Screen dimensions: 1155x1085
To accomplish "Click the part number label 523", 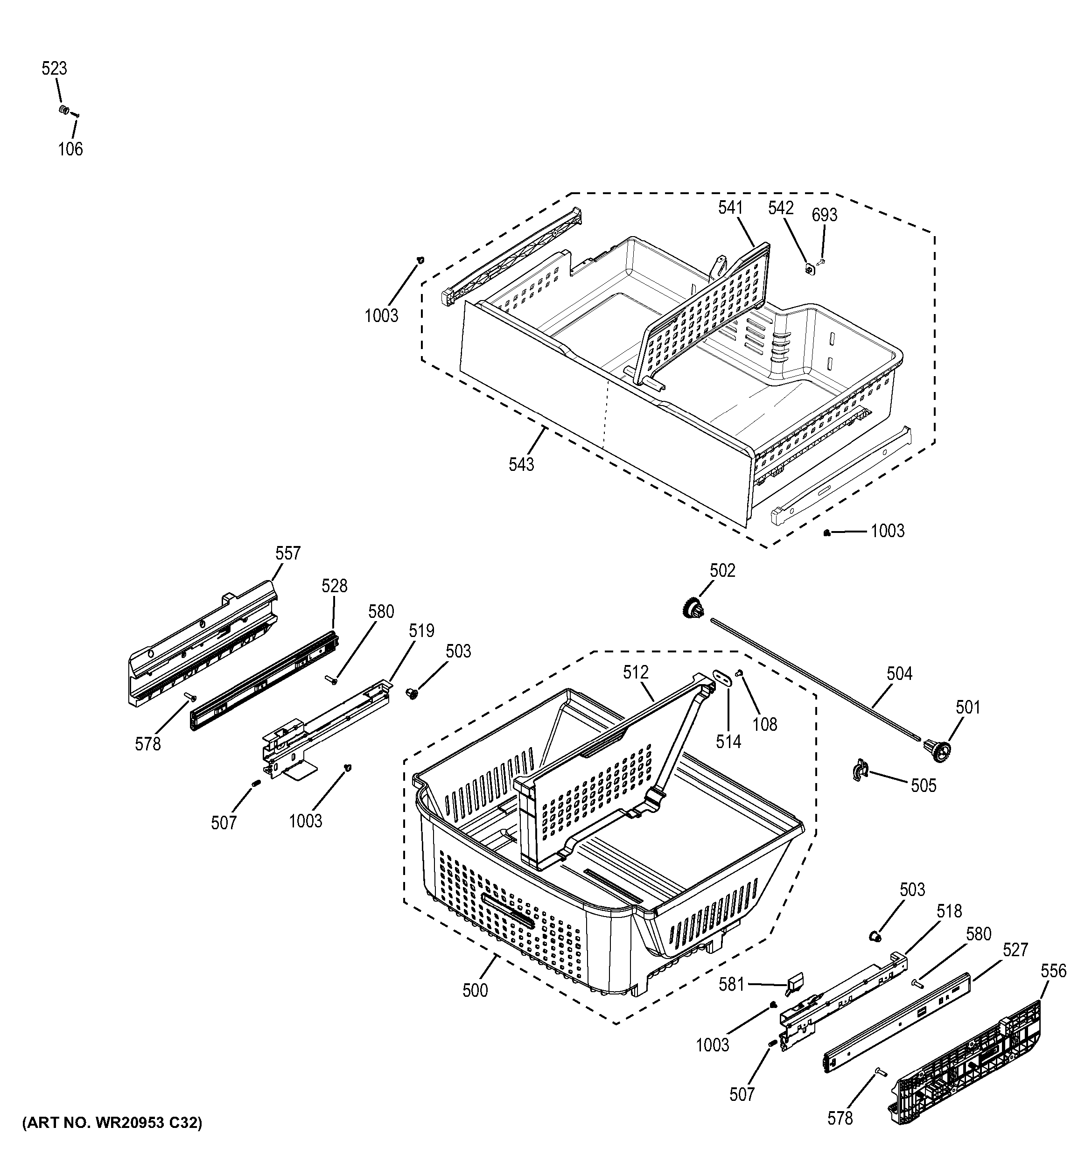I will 54,69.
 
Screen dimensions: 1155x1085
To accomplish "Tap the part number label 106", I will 70,149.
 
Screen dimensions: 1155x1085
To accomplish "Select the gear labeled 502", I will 692,609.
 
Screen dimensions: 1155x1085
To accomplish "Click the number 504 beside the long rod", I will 899,674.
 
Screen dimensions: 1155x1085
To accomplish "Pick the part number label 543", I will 521,465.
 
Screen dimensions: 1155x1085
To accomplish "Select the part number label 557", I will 287,553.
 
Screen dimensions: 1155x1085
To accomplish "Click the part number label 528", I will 335,586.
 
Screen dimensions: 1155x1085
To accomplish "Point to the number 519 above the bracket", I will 421,630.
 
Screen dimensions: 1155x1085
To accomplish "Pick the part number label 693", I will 824,216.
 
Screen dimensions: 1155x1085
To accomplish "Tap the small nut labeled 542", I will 809,268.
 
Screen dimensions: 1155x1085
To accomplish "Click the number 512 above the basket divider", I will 636,673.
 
